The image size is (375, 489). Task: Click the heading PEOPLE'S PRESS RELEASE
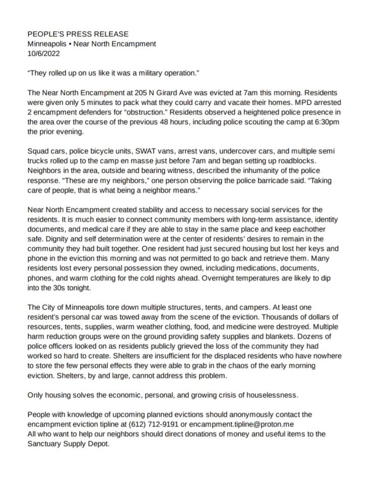click(78, 34)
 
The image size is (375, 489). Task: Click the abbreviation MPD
click(296, 103)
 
